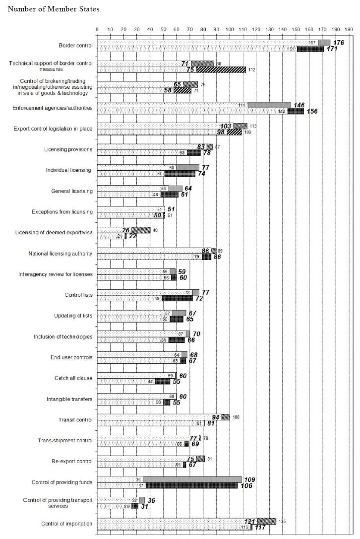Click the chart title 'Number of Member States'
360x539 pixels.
(x=54, y=9)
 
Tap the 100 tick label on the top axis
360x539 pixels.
(x=229, y=29)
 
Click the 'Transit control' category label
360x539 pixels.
(x=76, y=420)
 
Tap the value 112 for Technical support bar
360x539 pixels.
(x=252, y=70)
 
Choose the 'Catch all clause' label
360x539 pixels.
(x=73, y=379)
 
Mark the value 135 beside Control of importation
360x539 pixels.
(x=283, y=521)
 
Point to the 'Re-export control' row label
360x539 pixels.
(x=72, y=462)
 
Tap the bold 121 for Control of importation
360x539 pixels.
(x=249, y=521)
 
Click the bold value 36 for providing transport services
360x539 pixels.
(x=151, y=500)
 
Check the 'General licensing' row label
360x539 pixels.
(x=72, y=191)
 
